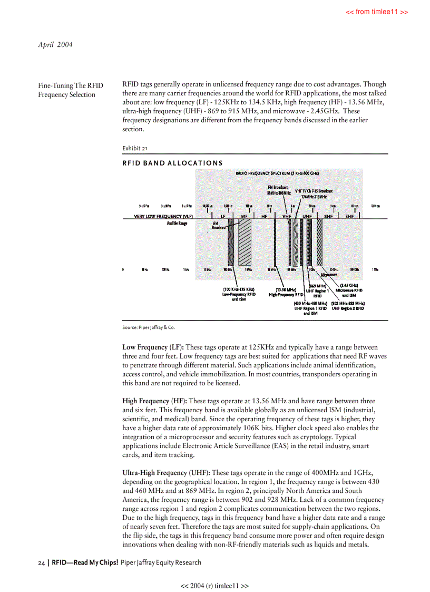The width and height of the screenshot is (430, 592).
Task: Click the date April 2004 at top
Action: coord(55,45)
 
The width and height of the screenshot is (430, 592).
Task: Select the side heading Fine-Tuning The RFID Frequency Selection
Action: coord(70,90)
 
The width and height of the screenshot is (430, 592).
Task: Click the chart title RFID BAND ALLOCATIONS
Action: coord(172,162)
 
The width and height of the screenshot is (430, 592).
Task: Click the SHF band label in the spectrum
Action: coord(328,216)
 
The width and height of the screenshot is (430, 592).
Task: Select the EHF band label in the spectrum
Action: coord(349,216)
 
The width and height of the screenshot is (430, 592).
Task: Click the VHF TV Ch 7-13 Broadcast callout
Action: coord(314,193)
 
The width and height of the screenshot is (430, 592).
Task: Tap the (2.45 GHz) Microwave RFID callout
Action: coord(349,290)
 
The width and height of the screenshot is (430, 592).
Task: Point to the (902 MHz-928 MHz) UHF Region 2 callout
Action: coord(348,306)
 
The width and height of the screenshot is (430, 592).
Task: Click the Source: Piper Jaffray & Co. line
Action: coord(148,327)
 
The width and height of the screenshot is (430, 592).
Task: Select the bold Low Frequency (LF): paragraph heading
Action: coord(153,347)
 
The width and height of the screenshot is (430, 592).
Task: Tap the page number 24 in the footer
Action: coord(41,562)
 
